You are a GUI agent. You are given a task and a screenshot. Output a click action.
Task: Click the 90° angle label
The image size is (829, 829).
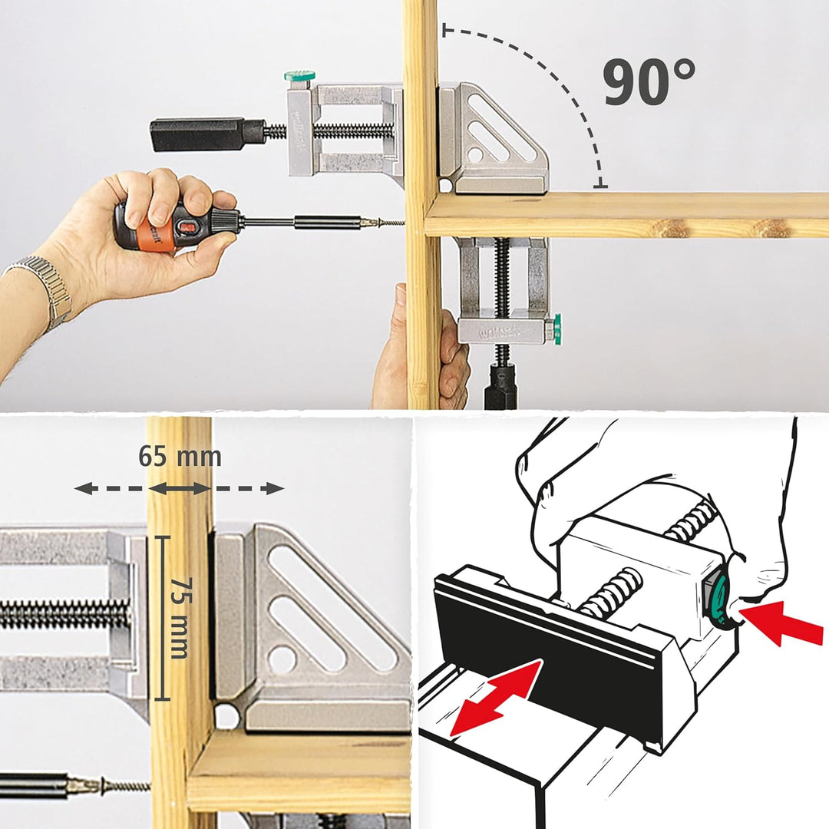(649, 82)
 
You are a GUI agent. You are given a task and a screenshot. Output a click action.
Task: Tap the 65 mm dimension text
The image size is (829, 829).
(180, 457)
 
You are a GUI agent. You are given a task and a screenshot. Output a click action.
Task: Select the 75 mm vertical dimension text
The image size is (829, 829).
(179, 618)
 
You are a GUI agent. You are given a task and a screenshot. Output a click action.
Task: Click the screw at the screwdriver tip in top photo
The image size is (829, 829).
(388, 223)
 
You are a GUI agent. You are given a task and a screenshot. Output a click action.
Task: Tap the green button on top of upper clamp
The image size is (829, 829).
(299, 77)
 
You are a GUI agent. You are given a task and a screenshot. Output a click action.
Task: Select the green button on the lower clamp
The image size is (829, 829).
(557, 329)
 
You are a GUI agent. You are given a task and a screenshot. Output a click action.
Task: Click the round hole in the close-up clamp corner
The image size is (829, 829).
(227, 715)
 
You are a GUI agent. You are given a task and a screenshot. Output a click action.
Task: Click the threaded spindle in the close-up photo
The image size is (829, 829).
(61, 614)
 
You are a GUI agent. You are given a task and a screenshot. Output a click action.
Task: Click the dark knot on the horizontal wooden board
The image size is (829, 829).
(675, 228)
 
